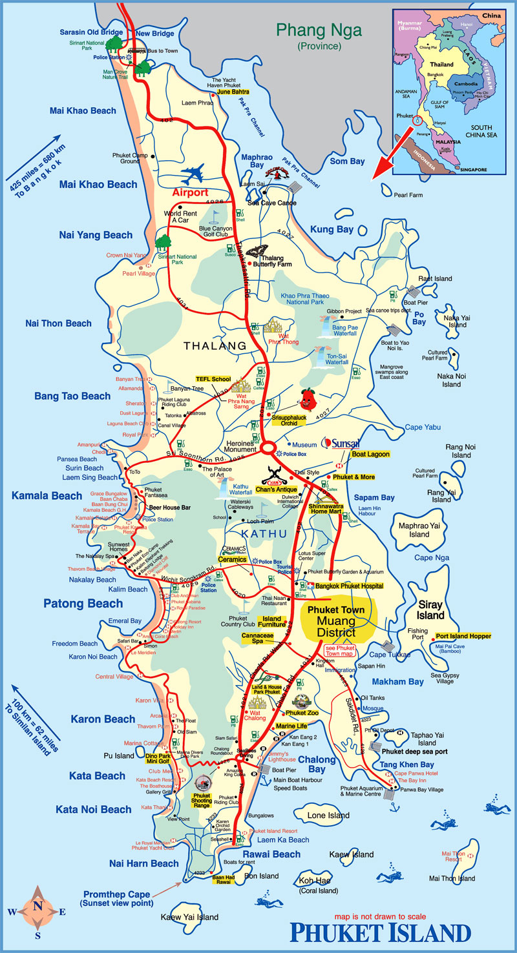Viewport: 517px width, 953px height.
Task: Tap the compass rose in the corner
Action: pyautogui.click(x=37, y=911)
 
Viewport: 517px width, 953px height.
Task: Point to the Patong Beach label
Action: pyautogui.click(x=83, y=604)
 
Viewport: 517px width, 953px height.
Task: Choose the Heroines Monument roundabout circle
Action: pyautogui.click(x=268, y=447)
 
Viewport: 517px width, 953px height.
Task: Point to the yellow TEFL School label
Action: pyautogui.click(x=213, y=379)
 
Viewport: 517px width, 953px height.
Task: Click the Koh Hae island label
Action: pyautogui.click(x=317, y=881)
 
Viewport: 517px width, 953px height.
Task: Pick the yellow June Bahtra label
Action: pyautogui.click(x=233, y=92)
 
